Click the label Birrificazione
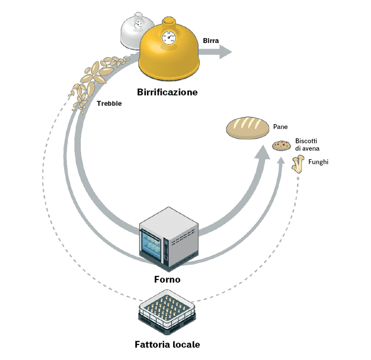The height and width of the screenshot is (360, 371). click(167, 92)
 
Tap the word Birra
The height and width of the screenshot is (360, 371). click(211, 41)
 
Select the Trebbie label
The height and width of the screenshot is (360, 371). click(109, 103)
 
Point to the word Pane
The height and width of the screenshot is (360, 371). click(280, 127)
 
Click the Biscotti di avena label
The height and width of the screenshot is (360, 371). click(307, 144)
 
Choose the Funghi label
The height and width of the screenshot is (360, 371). click(318, 162)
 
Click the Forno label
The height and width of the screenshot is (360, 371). click(167, 279)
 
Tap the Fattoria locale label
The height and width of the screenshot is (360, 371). click(167, 344)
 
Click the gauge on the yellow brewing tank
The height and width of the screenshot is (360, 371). click(169, 38)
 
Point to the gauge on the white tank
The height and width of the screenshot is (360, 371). click(138, 24)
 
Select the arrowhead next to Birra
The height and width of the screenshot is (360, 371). click(226, 51)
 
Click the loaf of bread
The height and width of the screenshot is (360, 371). click(247, 128)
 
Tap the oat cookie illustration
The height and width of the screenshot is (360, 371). click(281, 145)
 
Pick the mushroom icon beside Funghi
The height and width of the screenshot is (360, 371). click(298, 164)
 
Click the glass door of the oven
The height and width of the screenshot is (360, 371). click(152, 245)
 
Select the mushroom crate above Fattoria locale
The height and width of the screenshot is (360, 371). click(167, 312)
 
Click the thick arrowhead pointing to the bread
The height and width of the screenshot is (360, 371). click(263, 153)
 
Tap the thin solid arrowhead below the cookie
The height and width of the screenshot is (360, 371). click(281, 160)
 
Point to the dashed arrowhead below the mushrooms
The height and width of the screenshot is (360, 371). click(298, 178)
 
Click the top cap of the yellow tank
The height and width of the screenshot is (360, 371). click(169, 20)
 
